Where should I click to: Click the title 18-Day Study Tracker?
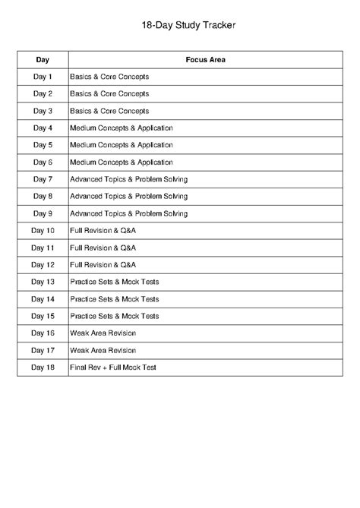179,25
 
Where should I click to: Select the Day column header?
43,59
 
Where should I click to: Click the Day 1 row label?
43,77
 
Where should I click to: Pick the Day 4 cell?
43,128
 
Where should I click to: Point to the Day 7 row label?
43,179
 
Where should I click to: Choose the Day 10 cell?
43,230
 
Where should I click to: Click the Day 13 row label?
43,282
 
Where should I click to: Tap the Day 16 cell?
43,333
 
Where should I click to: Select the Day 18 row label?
43,368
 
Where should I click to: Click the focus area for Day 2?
109,93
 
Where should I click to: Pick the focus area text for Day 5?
122,145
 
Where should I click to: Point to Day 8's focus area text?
128,196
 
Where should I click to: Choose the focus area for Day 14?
114,298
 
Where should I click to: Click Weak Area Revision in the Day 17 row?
103,350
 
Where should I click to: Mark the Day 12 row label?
43,264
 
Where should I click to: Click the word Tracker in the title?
219,25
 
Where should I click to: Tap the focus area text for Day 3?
109,111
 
